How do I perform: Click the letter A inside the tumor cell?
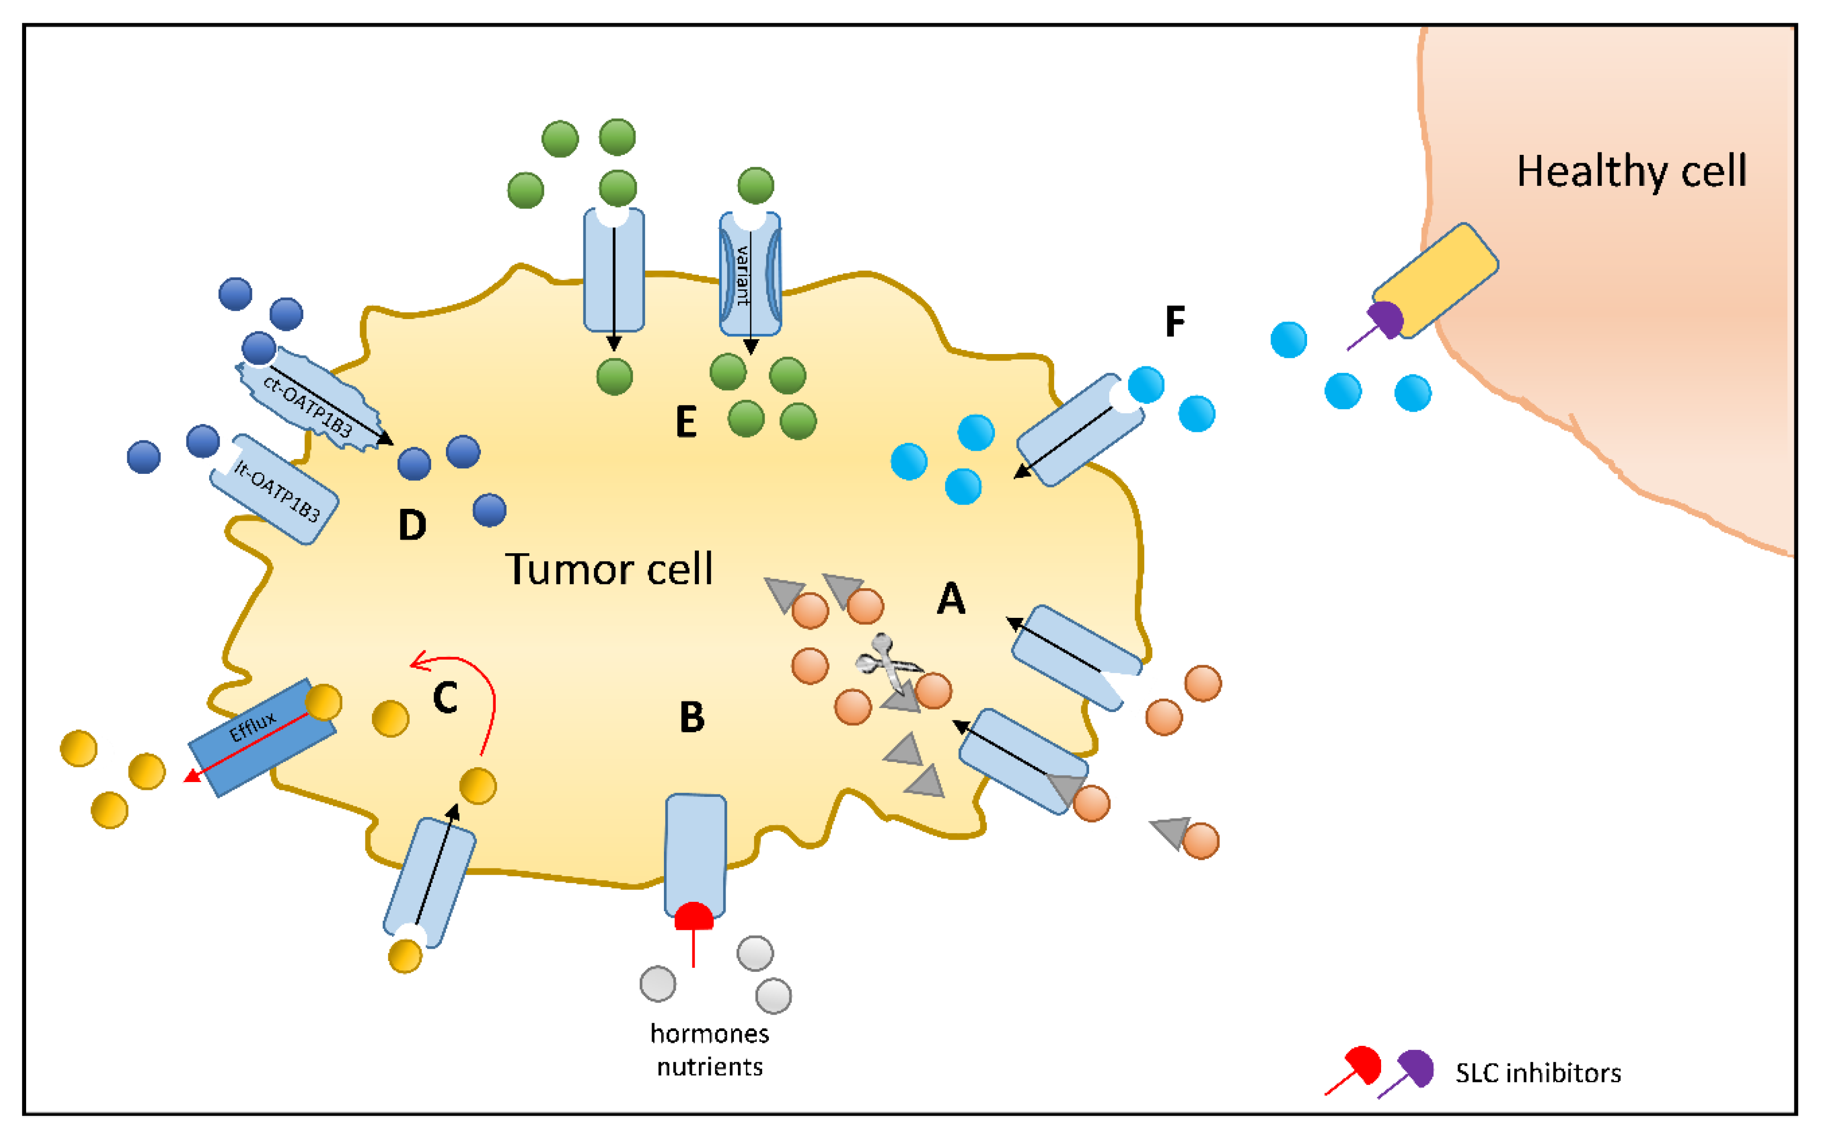[x=951, y=599]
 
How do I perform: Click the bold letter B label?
[x=692, y=717]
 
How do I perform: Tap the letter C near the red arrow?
[x=445, y=698]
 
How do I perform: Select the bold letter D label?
[x=412, y=525]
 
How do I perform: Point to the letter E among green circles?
[x=686, y=422]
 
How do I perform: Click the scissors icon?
[x=887, y=664]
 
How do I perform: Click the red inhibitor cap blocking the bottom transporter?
[x=693, y=916]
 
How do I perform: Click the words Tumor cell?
[x=608, y=570]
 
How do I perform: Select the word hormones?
[x=709, y=1033]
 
